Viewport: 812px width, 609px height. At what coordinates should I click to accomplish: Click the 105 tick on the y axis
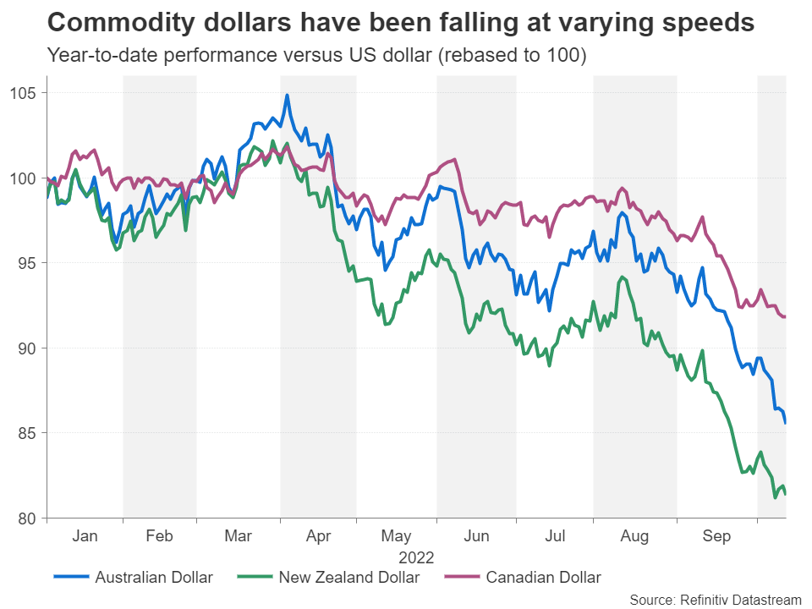pyautogui.click(x=23, y=93)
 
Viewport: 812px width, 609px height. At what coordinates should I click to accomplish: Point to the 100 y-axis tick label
pyautogui.click(x=23, y=178)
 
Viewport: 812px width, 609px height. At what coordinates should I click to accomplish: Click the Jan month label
pyautogui.click(x=85, y=536)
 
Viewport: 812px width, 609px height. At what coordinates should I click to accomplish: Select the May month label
pyautogui.click(x=397, y=536)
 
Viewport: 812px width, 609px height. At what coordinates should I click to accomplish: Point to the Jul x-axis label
pyautogui.click(x=555, y=536)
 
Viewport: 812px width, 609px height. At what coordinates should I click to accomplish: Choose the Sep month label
pyautogui.click(x=717, y=536)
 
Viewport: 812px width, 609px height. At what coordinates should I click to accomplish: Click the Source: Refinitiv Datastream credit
pyautogui.click(x=715, y=600)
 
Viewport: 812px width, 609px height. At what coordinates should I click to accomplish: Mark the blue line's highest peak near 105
pyautogui.click(x=287, y=96)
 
